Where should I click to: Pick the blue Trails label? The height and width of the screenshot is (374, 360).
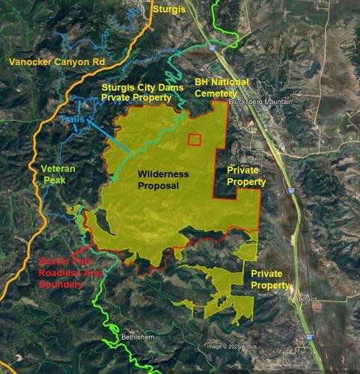[x=73, y=119]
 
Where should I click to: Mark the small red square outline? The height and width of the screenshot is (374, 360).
[x=194, y=139]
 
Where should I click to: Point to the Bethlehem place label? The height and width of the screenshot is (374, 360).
[x=138, y=338]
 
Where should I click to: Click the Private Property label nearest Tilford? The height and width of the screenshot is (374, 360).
[x=270, y=280]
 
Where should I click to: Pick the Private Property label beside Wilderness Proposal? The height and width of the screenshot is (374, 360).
[x=246, y=176]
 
